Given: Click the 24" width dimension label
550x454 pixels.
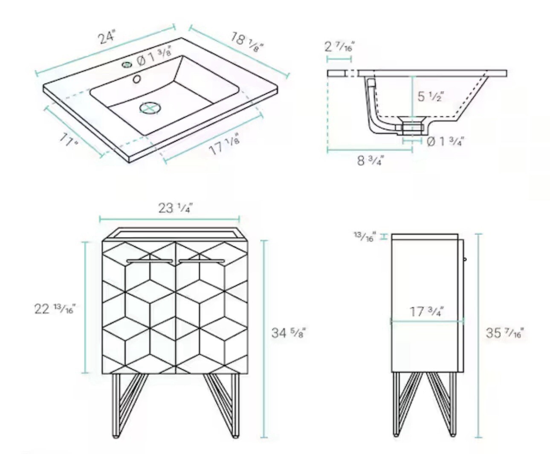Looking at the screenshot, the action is (x=107, y=37).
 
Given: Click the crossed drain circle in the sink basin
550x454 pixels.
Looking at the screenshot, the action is (x=150, y=108).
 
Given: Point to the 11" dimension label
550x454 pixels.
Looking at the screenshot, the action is (x=69, y=140).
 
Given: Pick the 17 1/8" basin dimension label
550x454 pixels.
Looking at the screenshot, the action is (x=224, y=146).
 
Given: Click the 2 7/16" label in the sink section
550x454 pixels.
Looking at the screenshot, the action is (x=339, y=46).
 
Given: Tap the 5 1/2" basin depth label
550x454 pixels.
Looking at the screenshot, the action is (x=431, y=96).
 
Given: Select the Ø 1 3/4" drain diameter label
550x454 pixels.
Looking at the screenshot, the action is (x=445, y=142).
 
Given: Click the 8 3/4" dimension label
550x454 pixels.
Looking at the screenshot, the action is (x=370, y=160).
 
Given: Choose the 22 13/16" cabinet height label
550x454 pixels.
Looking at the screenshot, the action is (x=55, y=309).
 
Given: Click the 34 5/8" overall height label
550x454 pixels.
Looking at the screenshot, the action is (x=289, y=333).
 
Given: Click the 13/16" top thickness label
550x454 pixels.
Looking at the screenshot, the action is (x=365, y=237).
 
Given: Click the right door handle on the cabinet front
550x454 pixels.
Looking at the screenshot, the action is (x=202, y=261).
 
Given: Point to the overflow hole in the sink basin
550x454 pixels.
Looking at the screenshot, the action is (x=137, y=79).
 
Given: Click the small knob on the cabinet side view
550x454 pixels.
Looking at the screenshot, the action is (x=465, y=259).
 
